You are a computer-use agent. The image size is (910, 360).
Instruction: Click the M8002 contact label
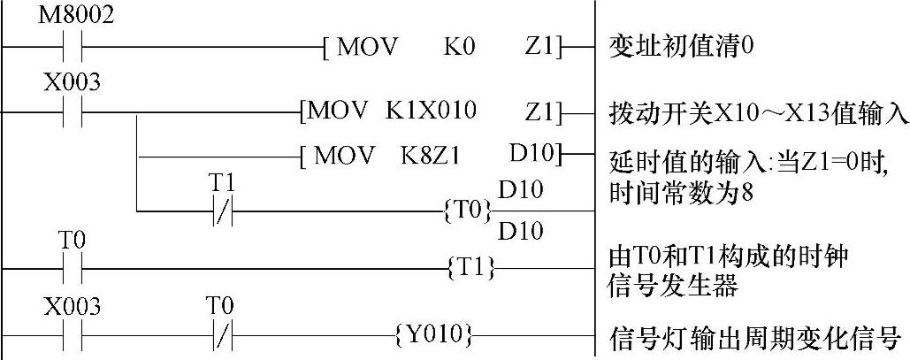coord(76,17)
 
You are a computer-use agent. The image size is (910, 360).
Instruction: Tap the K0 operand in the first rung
coord(459,45)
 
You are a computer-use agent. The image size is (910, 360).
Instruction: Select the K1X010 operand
coord(431,111)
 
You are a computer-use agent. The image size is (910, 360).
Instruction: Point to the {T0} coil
coord(466,211)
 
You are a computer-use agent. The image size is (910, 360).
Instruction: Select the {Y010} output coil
coord(435,335)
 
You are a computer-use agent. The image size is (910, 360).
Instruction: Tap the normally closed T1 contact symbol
coord(220,211)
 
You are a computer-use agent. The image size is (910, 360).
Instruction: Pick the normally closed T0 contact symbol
coord(220,336)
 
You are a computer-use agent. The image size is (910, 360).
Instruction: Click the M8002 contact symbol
coord(72,45)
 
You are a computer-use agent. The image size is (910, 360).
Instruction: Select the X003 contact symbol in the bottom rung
coord(72,336)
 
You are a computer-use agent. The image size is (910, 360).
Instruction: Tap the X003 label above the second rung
coord(72,84)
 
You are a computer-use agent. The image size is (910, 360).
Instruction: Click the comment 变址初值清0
coord(682,45)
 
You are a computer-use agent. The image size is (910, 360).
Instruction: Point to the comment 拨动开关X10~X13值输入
coord(759,114)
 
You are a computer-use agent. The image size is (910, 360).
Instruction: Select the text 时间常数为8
coord(681,193)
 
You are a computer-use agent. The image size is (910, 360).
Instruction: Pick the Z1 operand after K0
coord(541,45)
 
